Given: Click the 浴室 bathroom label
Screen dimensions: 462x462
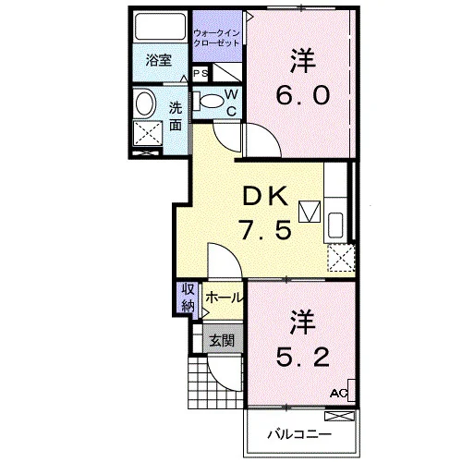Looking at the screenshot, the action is tap(158, 60).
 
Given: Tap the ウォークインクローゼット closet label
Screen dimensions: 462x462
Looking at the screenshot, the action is tap(216, 38).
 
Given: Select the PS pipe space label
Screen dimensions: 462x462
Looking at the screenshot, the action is tap(201, 73).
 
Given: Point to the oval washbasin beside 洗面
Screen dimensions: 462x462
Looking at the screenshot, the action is tap(145, 103).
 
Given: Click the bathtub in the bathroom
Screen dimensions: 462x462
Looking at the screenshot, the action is tap(160, 27).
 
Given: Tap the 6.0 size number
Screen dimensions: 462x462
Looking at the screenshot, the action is tap(303, 95).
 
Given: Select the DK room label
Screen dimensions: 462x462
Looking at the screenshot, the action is tap(265, 196).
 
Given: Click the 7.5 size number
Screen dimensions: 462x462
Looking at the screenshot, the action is tap(266, 229).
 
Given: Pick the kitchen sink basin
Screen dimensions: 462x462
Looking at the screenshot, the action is tap(335, 225).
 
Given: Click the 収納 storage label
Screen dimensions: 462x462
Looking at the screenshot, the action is tap(188, 298).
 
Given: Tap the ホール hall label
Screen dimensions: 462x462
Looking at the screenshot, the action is tap(224, 298).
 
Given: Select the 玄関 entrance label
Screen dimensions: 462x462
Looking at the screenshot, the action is tap(222, 341).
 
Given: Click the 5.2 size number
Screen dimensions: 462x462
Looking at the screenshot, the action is tap(302, 358).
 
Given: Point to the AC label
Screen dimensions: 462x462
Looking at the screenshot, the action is tap(338, 394).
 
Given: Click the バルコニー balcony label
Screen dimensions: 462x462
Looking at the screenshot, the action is tap(299, 434).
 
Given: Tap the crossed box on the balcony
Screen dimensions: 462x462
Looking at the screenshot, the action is tap(340, 416).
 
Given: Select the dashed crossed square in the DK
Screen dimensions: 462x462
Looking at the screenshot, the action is tap(341, 258).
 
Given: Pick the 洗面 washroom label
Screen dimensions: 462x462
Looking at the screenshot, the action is tap(176, 116).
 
